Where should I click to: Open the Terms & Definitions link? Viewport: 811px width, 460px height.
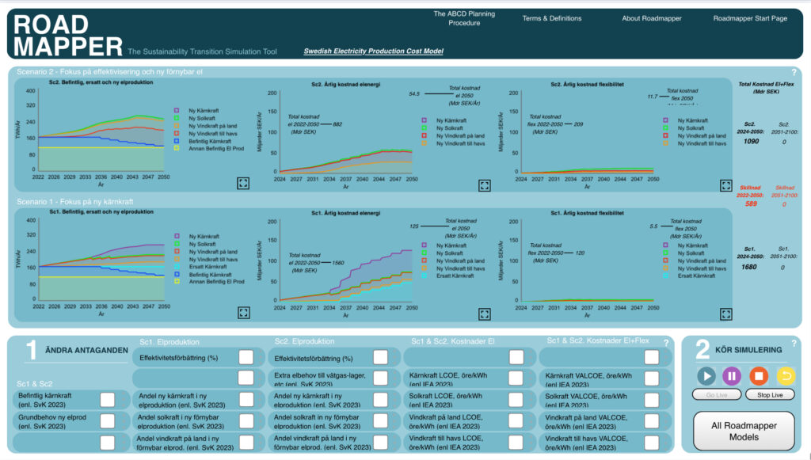[x=551, y=18]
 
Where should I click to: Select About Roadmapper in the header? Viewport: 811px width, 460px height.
[x=651, y=18]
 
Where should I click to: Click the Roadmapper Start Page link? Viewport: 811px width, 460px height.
[x=751, y=18]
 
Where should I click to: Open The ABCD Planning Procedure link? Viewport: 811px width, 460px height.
[x=463, y=18]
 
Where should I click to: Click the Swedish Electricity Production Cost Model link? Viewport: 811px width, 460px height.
[x=373, y=51]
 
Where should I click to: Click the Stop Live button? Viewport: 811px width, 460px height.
[x=769, y=393]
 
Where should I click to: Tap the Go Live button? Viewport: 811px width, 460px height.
[x=715, y=393]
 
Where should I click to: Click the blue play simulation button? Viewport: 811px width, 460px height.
[x=706, y=374]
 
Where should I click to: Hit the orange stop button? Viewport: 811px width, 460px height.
[x=758, y=374]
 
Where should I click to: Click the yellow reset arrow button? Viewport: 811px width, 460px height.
[x=784, y=374]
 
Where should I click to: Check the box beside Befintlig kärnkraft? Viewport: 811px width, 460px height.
[x=107, y=399]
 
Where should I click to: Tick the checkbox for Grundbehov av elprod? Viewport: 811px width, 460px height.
[x=107, y=420]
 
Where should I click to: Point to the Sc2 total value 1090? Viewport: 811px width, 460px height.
[x=750, y=141]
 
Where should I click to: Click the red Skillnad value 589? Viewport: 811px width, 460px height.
[x=750, y=203]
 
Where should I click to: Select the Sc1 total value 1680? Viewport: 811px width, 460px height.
[x=750, y=267]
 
